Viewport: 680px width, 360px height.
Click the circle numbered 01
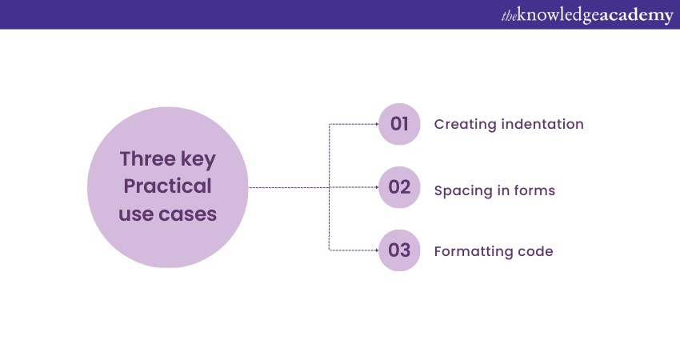(399, 124)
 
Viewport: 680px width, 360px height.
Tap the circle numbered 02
(399, 187)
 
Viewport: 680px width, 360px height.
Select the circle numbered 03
(399, 250)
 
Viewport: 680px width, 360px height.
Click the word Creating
(465, 125)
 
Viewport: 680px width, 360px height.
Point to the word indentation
(542, 124)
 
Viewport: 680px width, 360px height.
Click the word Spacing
(461, 191)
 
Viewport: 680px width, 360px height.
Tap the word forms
(534, 190)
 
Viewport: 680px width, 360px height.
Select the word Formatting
(471, 251)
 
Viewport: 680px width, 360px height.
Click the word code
(533, 251)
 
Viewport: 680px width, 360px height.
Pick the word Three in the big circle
(148, 158)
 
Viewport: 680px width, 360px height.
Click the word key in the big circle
(198, 160)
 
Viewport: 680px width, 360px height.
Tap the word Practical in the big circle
(167, 186)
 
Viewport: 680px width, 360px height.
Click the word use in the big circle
(136, 214)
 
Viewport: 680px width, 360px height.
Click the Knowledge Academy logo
(587, 15)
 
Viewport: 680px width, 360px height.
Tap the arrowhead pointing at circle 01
(377, 124)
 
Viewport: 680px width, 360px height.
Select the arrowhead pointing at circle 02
(377, 187)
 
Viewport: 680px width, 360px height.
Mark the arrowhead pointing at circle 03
(377, 250)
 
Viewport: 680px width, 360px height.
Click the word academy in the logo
(635, 16)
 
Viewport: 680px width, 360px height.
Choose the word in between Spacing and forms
(501, 190)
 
